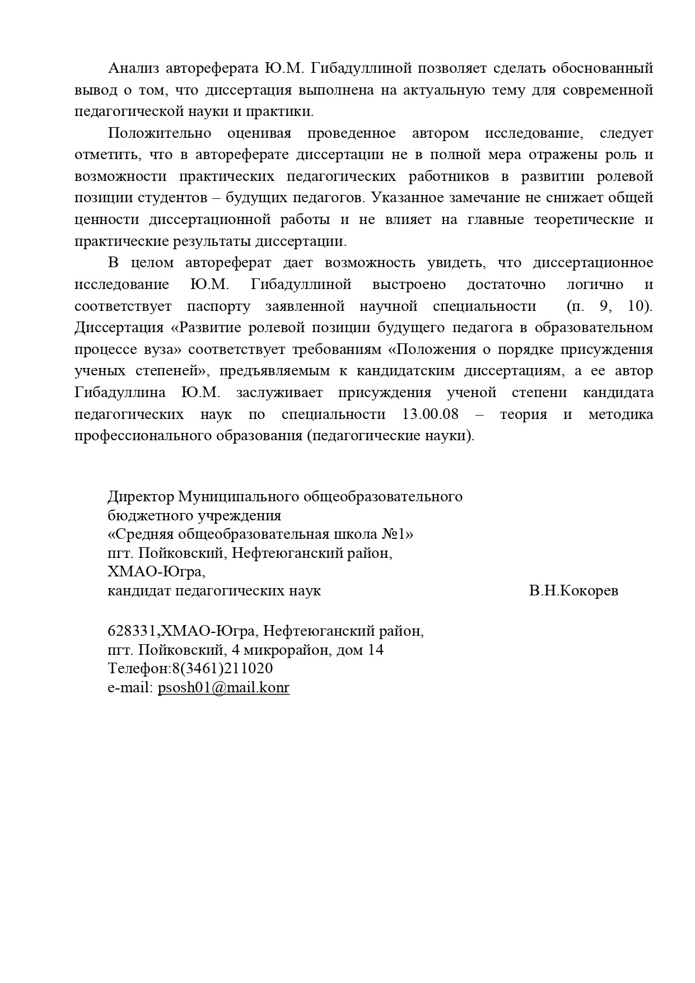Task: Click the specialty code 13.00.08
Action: click(x=430, y=414)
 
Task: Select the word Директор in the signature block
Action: click(x=140, y=497)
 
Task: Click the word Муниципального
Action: click(x=238, y=497)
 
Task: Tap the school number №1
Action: click(x=399, y=534)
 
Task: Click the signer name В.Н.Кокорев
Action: click(x=573, y=591)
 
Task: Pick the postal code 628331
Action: click(x=132, y=631)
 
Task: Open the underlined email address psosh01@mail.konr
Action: click(x=223, y=688)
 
